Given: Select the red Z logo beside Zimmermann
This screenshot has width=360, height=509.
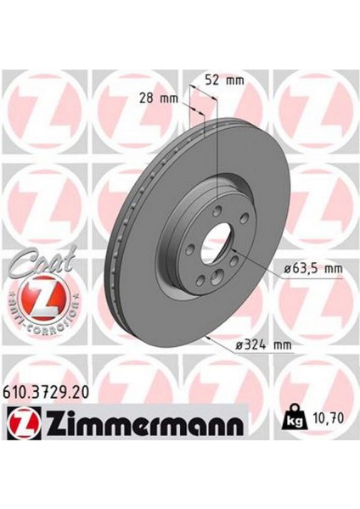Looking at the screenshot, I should [24, 421].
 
